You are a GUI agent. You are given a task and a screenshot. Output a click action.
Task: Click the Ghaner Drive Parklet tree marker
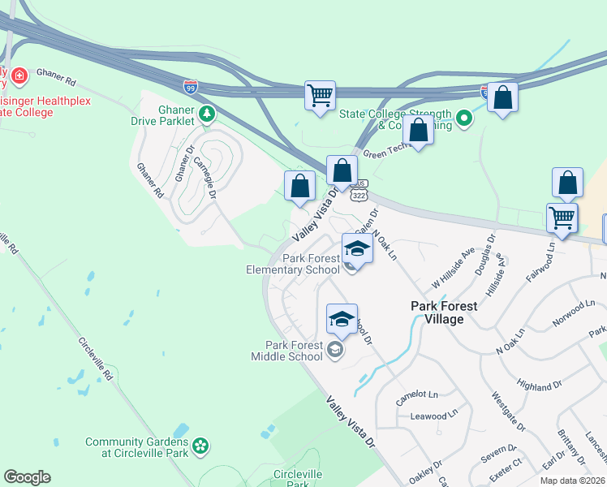click(208, 114)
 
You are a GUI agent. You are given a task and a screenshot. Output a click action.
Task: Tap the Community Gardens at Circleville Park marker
click(200, 446)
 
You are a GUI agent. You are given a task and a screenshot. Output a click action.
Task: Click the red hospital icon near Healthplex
click(18, 77)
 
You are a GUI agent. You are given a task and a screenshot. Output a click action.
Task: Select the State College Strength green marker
click(464, 119)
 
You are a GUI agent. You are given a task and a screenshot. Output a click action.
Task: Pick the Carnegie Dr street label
click(204, 176)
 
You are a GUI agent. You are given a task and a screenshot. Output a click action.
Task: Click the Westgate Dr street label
click(509, 412)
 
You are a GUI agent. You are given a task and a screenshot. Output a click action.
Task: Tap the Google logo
click(27, 477)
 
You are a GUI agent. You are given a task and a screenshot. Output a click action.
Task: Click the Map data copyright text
click(570, 481)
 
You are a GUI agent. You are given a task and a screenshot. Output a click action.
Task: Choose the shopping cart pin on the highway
click(320, 95)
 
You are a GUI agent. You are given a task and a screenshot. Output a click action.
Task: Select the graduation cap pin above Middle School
click(342, 318)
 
